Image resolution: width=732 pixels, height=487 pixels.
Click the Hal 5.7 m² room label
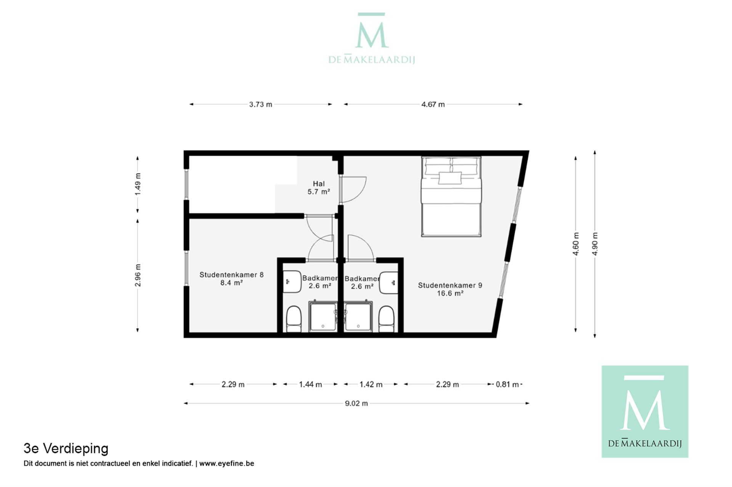(x=318, y=188)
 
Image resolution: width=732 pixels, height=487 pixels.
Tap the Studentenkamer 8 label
(x=231, y=279)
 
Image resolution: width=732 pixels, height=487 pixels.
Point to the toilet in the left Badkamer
(x=294, y=319)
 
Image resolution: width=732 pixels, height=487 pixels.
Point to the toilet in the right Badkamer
(x=386, y=319)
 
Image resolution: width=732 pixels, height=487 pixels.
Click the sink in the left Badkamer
(x=291, y=282)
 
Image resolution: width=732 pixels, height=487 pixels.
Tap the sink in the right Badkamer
(x=389, y=282)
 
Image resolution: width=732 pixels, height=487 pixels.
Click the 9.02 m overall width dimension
(x=356, y=403)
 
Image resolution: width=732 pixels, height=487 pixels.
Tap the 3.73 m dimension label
(x=261, y=104)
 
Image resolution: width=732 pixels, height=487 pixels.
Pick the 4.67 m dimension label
(x=433, y=104)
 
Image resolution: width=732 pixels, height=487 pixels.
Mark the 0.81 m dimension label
(x=507, y=384)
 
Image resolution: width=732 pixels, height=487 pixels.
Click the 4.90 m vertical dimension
(x=595, y=244)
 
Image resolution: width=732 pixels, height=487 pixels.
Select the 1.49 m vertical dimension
(x=138, y=184)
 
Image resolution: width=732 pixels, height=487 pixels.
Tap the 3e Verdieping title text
(x=66, y=449)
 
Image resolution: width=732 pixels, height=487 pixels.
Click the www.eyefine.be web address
(x=226, y=464)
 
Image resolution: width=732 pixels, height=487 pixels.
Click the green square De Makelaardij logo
(x=645, y=412)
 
